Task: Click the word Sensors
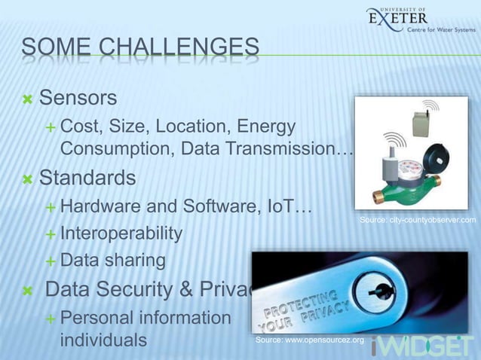click(x=78, y=98)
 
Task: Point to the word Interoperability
click(x=121, y=233)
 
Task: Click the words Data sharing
click(x=112, y=261)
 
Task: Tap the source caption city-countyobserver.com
click(x=417, y=220)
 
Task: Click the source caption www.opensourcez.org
click(x=309, y=341)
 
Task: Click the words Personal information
click(x=145, y=317)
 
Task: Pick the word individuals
click(x=103, y=340)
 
